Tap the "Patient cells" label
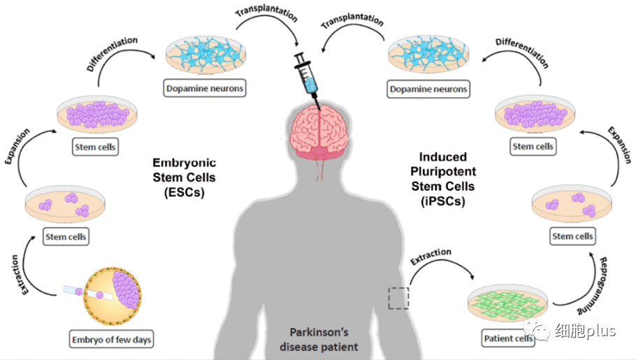tap(508, 339)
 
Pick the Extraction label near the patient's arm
tap(429, 257)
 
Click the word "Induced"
tap(442, 157)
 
